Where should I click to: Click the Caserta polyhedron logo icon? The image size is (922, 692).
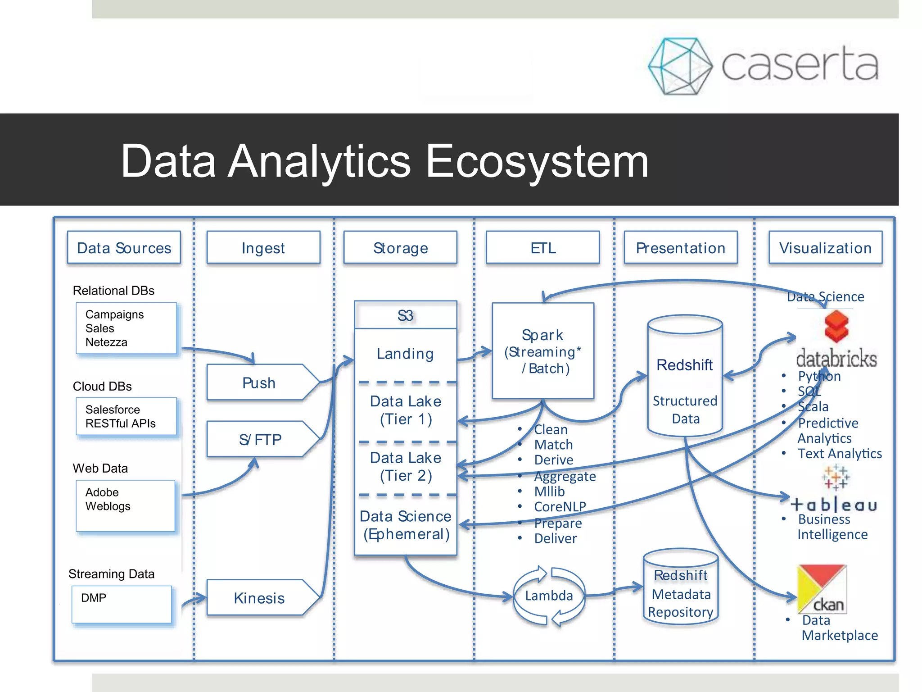[x=680, y=66]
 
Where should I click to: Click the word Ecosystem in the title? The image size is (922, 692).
[x=537, y=161]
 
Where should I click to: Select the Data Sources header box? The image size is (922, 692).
[x=124, y=248]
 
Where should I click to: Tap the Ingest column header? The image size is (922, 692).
[x=263, y=248]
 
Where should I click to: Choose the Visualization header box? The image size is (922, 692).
[x=825, y=248]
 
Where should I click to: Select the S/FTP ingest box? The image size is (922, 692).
[x=260, y=439]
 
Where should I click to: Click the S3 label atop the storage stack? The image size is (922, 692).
[x=405, y=315]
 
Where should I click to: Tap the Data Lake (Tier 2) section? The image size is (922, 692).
[x=406, y=467]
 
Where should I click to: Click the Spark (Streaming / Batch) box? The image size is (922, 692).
[x=543, y=351]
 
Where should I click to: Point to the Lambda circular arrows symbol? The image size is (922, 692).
[x=549, y=596]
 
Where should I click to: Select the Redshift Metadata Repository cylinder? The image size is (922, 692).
[x=681, y=590]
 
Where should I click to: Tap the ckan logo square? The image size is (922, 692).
[x=822, y=589]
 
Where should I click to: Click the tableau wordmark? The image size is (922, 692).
[x=834, y=505]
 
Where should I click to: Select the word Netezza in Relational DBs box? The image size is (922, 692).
[x=106, y=342]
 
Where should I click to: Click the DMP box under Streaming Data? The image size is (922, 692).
[x=122, y=604]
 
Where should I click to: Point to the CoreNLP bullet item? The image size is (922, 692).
[x=560, y=507]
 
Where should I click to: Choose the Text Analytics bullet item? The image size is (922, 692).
[x=840, y=453]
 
